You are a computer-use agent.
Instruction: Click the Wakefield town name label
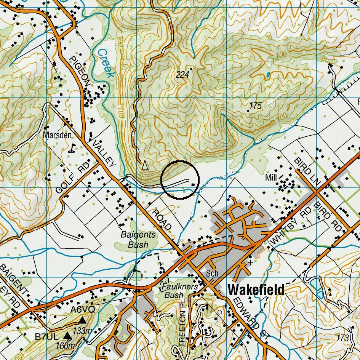256,290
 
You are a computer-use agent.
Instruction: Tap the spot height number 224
182,75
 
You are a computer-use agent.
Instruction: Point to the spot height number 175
255,106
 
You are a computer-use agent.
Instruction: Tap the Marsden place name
57,135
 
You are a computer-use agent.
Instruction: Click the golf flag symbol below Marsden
71,148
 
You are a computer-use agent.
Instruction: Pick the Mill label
271,178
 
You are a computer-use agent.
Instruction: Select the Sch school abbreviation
212,274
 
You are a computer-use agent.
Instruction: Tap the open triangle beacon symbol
144,165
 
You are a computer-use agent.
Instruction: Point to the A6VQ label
83,309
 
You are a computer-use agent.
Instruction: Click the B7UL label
47,337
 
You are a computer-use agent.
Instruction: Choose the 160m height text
65,346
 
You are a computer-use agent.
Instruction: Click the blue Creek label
105,63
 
